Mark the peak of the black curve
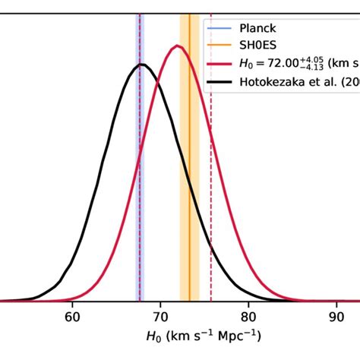141,65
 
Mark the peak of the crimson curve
178,46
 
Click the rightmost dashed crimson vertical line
210,190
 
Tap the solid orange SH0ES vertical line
189,190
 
